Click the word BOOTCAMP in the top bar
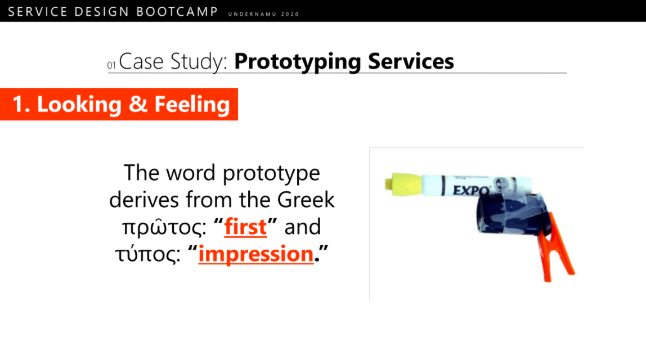point(177,12)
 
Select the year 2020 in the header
point(290,14)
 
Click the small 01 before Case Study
point(111,65)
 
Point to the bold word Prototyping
point(298,62)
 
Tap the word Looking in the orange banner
point(79,104)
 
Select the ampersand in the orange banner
point(138,104)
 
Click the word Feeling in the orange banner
point(192,104)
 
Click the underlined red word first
point(245,227)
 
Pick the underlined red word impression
point(256,254)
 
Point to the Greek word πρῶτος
point(164,227)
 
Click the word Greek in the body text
point(306,199)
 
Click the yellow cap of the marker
point(403,184)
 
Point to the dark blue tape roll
point(512,214)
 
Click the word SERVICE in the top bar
point(38,12)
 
